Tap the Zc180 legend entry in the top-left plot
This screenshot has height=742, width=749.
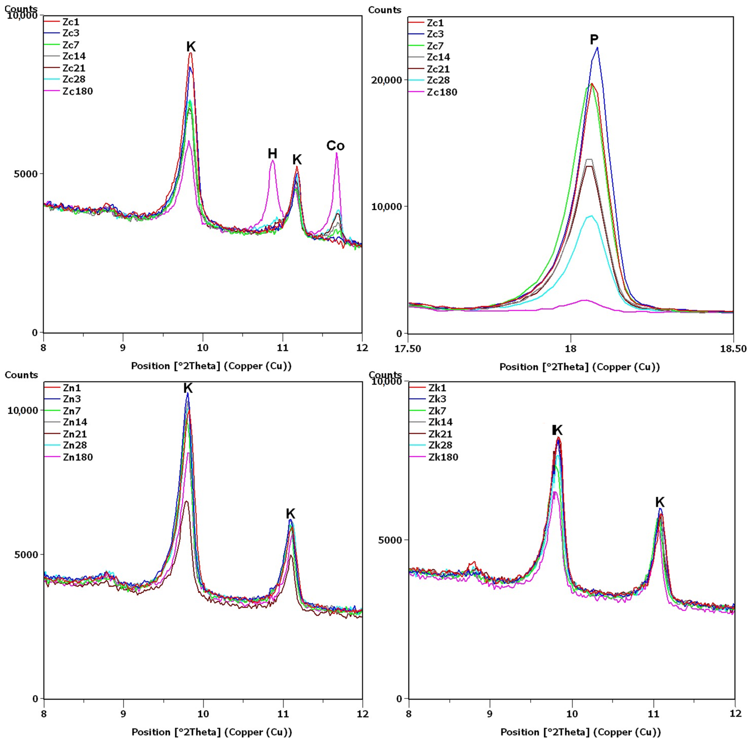pyautogui.click(x=77, y=91)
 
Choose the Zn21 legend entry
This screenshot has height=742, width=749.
pyautogui.click(x=75, y=434)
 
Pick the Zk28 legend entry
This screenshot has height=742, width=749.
pyautogui.click(x=440, y=445)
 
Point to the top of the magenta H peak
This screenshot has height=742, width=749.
pyautogui.click(x=273, y=160)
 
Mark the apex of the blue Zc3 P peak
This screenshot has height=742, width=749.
pyautogui.click(x=597, y=48)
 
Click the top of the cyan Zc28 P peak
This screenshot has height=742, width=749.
pyautogui.click(x=591, y=216)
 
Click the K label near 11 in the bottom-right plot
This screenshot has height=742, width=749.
pyautogui.click(x=660, y=502)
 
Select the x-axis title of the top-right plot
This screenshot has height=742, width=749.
pyautogui.click(x=579, y=367)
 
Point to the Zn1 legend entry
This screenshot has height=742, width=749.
pyautogui.click(x=72, y=388)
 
